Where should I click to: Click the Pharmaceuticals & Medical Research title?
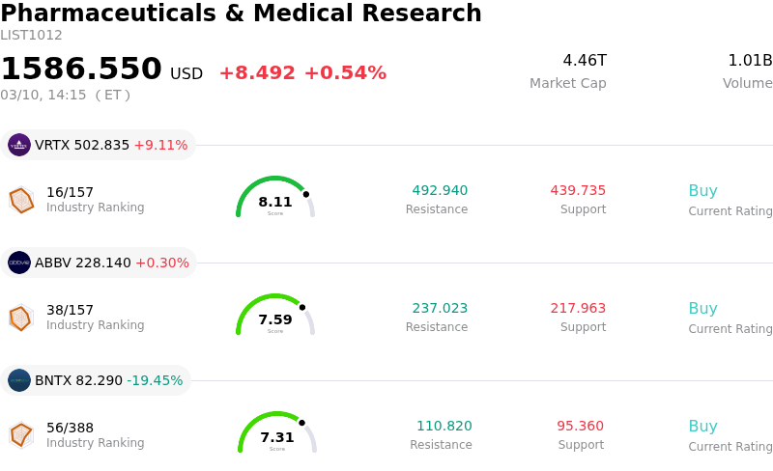(x=241, y=14)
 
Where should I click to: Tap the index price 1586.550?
(x=81, y=69)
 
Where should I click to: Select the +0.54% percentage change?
(x=345, y=73)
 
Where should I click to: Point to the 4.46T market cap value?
(x=585, y=61)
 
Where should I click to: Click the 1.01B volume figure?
(x=750, y=61)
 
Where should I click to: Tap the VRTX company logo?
(x=19, y=145)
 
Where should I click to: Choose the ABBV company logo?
(x=19, y=263)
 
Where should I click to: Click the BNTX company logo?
(x=19, y=380)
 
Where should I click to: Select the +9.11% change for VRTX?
(x=160, y=145)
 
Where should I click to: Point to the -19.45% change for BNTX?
(x=155, y=380)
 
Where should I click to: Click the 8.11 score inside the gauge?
(x=275, y=202)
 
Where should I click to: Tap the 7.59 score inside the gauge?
(x=275, y=319)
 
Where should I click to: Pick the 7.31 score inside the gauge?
(x=277, y=437)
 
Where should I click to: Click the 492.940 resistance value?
(x=440, y=190)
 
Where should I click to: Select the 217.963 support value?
(x=578, y=308)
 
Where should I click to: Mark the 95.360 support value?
(x=580, y=426)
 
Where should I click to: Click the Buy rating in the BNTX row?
(x=702, y=426)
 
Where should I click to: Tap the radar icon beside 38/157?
(x=20, y=318)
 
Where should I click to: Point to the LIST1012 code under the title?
(x=31, y=36)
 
